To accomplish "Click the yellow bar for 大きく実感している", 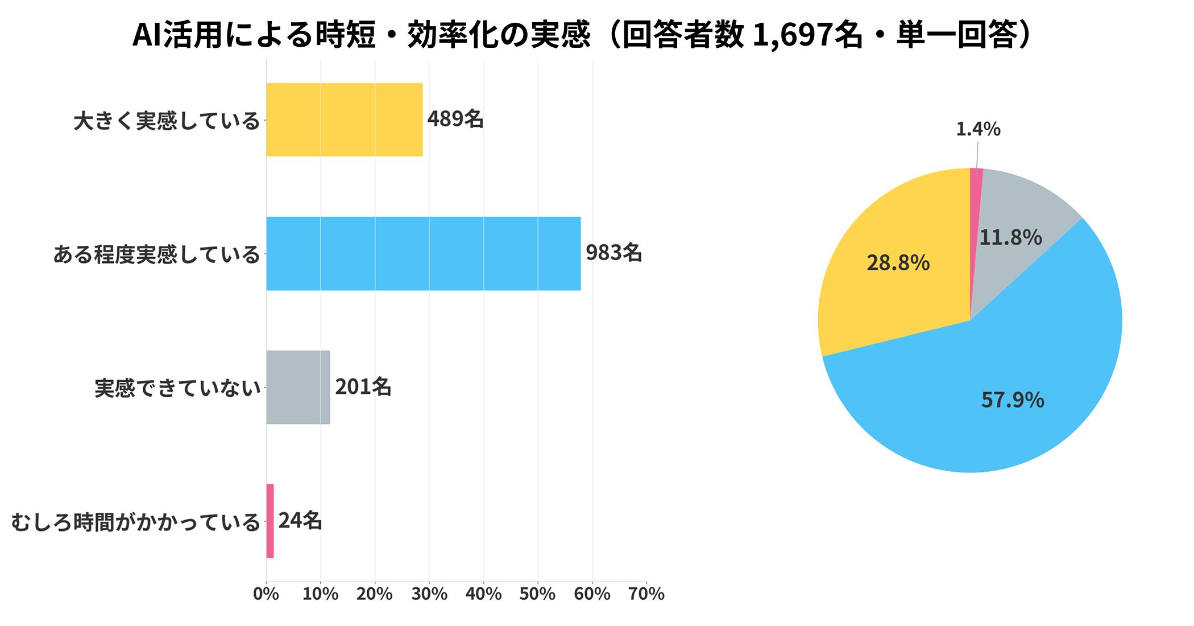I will (x=344, y=120).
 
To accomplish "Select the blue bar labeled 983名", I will (x=424, y=253).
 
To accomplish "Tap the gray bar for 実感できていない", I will (x=298, y=387).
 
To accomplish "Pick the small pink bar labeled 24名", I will (x=270, y=521).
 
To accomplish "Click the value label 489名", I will (x=455, y=120).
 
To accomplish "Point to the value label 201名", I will (x=363, y=387).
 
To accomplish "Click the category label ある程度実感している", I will (x=156, y=254).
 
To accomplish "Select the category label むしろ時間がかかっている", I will (x=135, y=522).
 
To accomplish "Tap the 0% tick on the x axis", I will (x=266, y=594).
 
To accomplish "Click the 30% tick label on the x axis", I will (x=429, y=594).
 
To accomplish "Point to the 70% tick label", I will (x=646, y=594).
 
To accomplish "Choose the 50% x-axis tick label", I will (x=538, y=594).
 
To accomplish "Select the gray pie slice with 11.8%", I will (x=1018, y=216).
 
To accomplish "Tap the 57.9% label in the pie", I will (x=1013, y=400).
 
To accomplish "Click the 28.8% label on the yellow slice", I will (x=898, y=263).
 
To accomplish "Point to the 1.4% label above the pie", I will (x=978, y=129).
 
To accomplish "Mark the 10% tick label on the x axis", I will (x=320, y=594).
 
